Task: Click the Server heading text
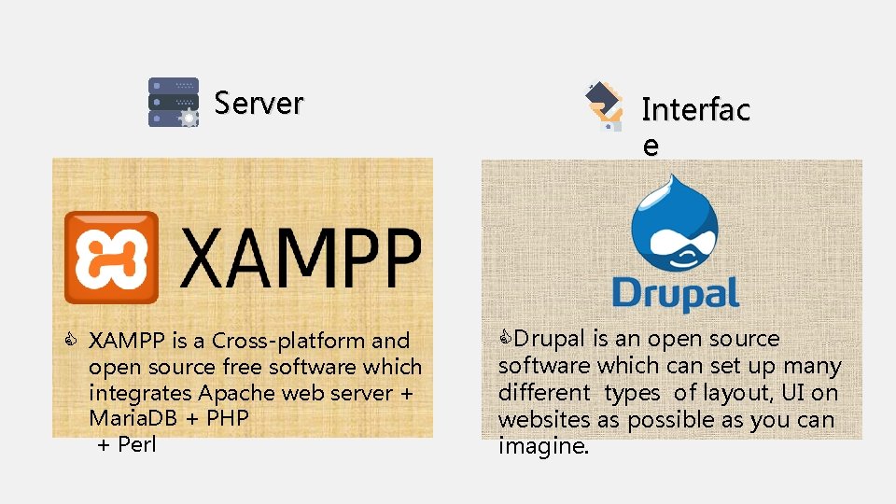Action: (x=259, y=103)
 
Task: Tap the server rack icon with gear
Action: (x=174, y=102)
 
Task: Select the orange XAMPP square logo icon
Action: (x=111, y=257)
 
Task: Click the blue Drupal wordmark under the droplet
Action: (x=676, y=292)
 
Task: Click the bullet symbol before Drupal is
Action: (x=506, y=337)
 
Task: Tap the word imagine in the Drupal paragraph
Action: (x=543, y=446)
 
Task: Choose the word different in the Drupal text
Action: (x=544, y=393)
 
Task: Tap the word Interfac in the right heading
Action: (x=695, y=110)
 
